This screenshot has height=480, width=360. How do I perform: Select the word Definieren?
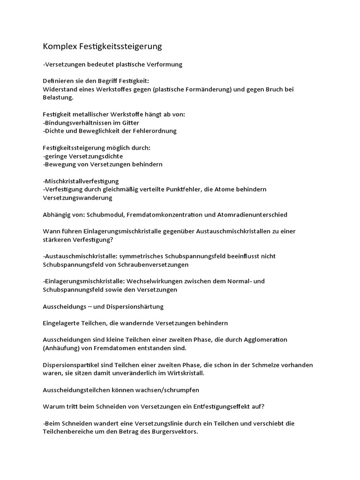(58, 81)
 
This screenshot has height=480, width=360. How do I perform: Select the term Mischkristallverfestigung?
(81, 181)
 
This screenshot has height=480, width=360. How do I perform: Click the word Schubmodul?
(111, 215)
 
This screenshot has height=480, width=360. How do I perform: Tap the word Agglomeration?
(265, 339)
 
